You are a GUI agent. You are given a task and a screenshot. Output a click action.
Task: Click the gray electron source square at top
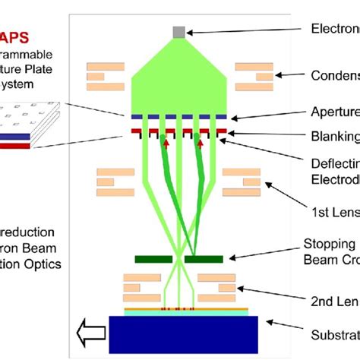click(178, 31)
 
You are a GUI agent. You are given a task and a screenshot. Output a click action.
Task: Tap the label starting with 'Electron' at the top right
click(335, 29)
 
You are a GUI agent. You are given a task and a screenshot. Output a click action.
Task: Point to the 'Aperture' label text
click(335, 112)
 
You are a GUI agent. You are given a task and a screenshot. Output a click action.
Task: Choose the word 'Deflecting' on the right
click(335, 163)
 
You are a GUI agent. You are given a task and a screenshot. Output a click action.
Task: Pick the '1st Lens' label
click(335, 210)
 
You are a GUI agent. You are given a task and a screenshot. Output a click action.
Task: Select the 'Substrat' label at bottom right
click(335, 333)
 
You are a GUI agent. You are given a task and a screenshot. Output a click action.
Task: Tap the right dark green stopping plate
click(204, 260)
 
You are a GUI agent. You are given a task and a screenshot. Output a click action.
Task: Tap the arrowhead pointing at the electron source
click(191, 31)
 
